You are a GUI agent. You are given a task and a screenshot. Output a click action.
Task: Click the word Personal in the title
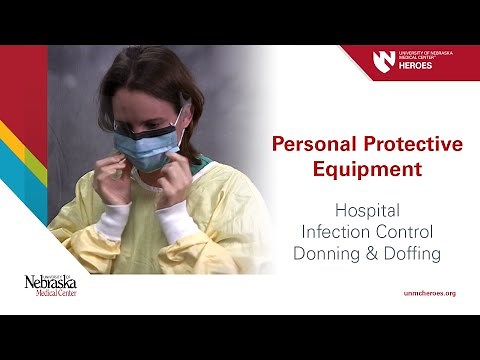tap(317, 144)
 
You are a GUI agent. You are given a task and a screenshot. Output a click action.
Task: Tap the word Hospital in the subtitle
tap(366, 212)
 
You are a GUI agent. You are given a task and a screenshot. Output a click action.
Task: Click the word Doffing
tap(411, 254)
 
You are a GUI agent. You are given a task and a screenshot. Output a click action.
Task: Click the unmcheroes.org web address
tap(427, 293)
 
